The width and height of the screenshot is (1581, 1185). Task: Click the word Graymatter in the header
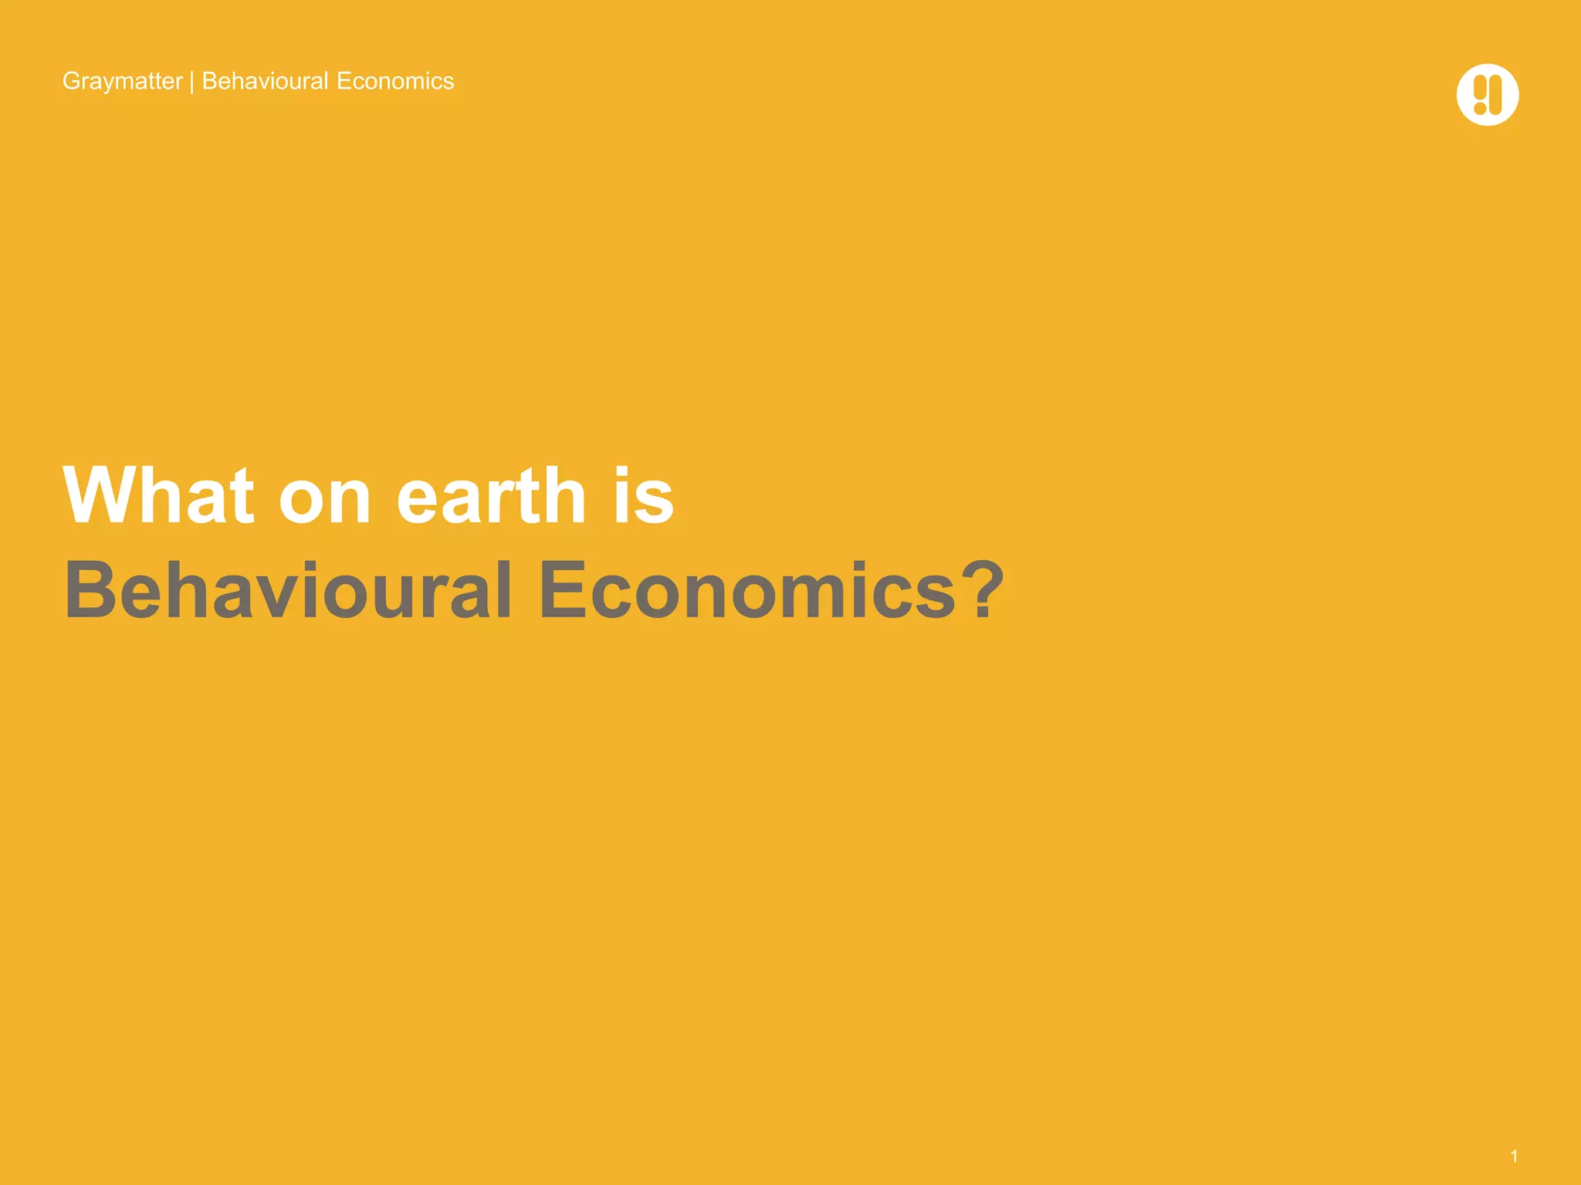[122, 81]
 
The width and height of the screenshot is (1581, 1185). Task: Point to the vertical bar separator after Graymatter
[191, 82]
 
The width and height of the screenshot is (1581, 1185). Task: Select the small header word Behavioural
[265, 81]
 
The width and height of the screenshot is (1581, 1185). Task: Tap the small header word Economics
[395, 81]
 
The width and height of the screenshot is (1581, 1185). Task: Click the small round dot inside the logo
[1480, 109]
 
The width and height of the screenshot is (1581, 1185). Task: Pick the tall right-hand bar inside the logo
[1496, 95]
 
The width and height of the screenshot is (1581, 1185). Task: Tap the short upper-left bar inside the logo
[1480, 87]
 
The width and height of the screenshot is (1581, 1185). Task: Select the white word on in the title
[324, 499]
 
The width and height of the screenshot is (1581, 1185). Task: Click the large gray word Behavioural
[287, 590]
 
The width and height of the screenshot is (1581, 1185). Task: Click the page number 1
[1514, 1156]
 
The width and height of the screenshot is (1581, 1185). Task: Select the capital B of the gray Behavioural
[89, 590]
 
